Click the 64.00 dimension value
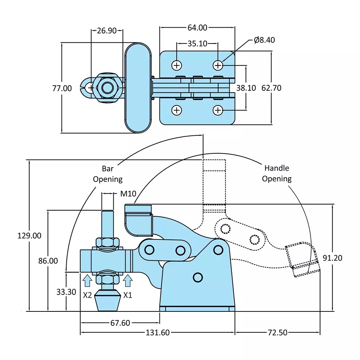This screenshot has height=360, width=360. (x=197, y=27)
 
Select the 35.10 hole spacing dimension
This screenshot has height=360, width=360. (x=197, y=44)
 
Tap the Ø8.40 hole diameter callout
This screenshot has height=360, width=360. (x=264, y=40)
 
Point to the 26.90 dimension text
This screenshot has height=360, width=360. (x=107, y=31)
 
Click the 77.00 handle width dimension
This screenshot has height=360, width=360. (x=62, y=88)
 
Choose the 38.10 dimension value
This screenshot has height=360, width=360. (x=246, y=88)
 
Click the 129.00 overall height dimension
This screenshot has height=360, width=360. (x=29, y=236)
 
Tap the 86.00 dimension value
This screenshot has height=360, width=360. (x=48, y=261)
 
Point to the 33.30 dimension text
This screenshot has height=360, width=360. (x=66, y=292)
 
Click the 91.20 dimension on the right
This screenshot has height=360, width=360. (x=332, y=258)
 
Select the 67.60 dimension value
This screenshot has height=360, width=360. (x=120, y=323)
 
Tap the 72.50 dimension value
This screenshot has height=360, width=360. (x=277, y=333)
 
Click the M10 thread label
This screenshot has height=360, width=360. (x=128, y=194)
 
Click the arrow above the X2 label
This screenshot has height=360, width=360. (x=87, y=279)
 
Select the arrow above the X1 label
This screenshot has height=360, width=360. (x=127, y=279)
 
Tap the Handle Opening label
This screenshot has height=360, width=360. (x=276, y=173)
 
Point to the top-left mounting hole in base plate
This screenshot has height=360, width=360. (x=176, y=65)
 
